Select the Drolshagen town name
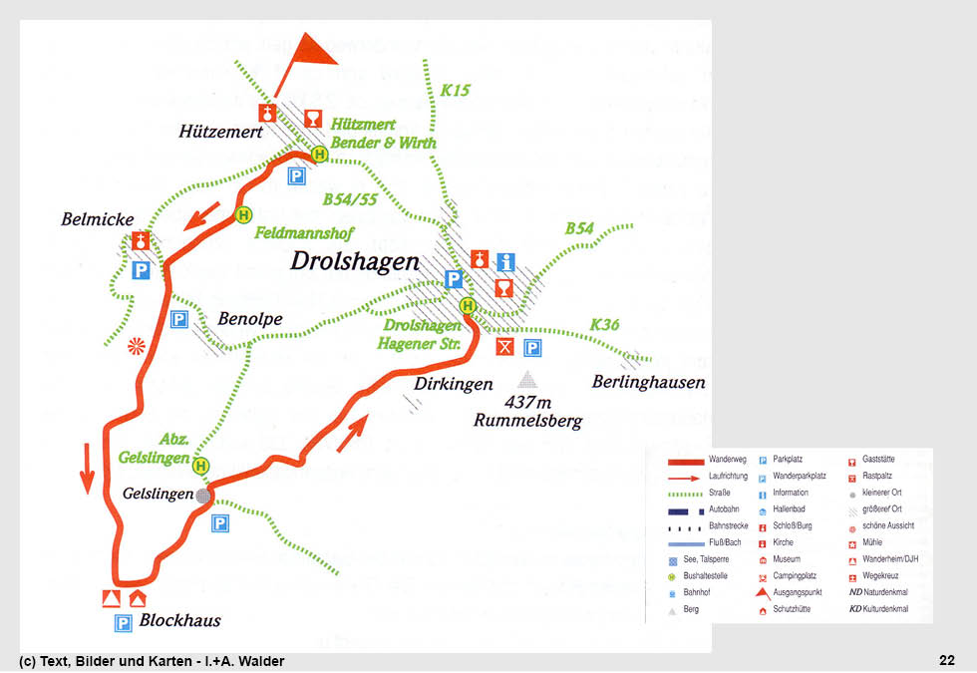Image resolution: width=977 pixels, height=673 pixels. (x=355, y=261)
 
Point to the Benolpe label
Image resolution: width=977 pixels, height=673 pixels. (x=250, y=319)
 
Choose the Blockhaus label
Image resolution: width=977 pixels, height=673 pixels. (x=180, y=621)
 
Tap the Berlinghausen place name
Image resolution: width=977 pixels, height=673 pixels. (x=648, y=383)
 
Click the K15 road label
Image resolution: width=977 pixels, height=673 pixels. (x=455, y=91)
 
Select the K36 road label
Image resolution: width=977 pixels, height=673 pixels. (x=604, y=325)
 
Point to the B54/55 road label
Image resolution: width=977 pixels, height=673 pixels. (x=350, y=199)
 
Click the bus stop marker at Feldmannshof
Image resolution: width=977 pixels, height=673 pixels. (x=243, y=214)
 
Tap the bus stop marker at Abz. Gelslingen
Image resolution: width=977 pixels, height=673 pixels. (x=202, y=466)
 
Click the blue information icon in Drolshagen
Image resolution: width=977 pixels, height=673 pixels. (x=505, y=261)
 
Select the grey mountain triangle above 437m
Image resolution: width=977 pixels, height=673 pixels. (x=526, y=380)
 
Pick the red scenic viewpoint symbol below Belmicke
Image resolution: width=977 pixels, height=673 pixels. (x=137, y=346)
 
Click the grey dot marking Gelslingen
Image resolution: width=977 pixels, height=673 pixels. (x=203, y=495)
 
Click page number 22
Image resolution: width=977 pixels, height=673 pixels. (x=946, y=660)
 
